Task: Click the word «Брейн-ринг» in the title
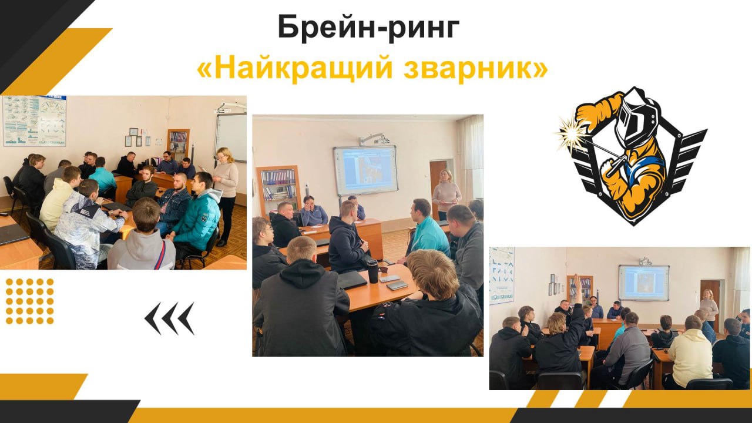(x=368, y=28)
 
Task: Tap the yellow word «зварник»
(x=471, y=68)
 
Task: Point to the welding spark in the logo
(x=570, y=133)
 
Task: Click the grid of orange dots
(x=29, y=301)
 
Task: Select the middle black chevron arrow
(x=170, y=318)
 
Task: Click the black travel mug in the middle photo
(x=372, y=271)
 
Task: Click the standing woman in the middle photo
(x=446, y=194)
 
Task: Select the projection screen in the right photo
(x=643, y=283)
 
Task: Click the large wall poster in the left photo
(x=34, y=120)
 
